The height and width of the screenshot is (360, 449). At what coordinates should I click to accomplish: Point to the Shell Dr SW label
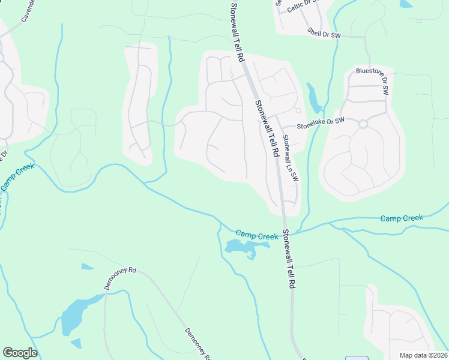click(324, 33)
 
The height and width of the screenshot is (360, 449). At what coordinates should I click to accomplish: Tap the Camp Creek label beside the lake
click(256, 235)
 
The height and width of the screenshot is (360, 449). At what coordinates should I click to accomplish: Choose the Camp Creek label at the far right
click(402, 218)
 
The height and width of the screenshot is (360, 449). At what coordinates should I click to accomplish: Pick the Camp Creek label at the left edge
click(17, 178)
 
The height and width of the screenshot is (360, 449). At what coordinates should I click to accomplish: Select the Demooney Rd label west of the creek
click(121, 278)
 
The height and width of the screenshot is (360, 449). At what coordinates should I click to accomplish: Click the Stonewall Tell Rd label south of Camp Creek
click(290, 259)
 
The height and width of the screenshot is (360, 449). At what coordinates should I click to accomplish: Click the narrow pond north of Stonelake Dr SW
click(313, 98)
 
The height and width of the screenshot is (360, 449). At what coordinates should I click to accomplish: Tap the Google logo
click(20, 353)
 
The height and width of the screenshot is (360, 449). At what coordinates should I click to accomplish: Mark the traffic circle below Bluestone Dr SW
click(363, 124)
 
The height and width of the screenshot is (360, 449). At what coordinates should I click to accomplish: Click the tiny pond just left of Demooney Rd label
click(86, 266)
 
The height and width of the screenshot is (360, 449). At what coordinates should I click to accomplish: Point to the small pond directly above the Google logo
click(76, 343)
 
